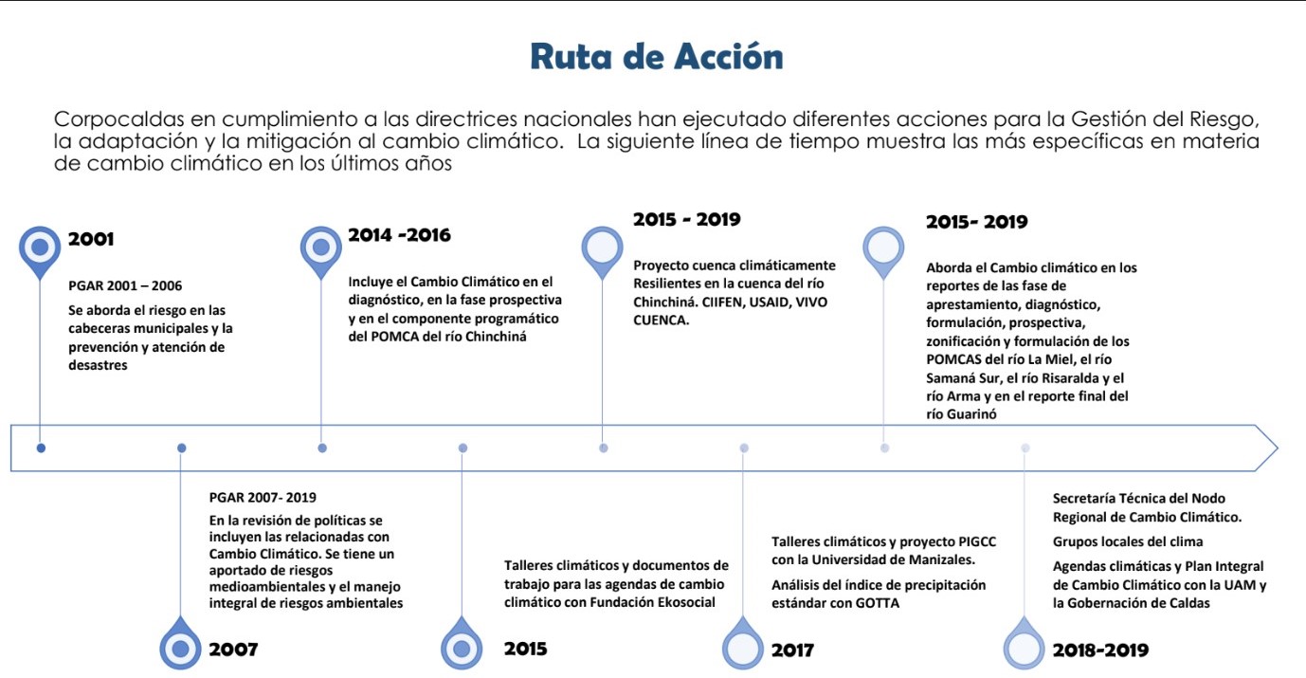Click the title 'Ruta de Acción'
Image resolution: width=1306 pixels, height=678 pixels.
point(656,57)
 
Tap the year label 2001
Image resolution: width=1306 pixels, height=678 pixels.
point(91,240)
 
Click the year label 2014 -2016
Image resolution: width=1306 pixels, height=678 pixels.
point(399,236)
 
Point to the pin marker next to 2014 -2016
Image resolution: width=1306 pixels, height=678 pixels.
point(320,247)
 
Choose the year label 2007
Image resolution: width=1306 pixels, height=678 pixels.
point(233,650)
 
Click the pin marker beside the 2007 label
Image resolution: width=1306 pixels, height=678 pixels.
point(180,647)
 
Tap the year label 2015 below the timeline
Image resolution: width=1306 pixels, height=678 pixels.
point(525,650)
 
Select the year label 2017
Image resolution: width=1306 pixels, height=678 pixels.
point(792,651)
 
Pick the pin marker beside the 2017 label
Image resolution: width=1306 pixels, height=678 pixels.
point(742,647)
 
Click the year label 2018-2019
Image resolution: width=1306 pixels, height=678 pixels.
point(1100,651)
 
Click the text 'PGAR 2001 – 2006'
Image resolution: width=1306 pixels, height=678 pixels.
point(125,285)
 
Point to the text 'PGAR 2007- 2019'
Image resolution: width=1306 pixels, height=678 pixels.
point(263,497)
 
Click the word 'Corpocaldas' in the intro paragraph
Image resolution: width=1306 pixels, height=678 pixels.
point(105,120)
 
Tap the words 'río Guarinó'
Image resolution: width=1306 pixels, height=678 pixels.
point(960,414)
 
